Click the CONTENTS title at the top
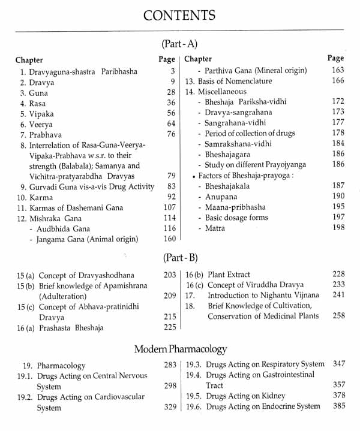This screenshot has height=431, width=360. click(x=179, y=14)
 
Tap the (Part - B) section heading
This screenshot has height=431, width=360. click(x=179, y=258)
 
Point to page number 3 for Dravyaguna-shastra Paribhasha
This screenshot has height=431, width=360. click(x=172, y=71)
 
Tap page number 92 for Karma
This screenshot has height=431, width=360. click(x=171, y=197)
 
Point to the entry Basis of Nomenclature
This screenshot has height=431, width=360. click(x=229, y=81)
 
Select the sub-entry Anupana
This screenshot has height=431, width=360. click(x=221, y=196)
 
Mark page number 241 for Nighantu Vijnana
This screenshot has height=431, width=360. click(x=338, y=295)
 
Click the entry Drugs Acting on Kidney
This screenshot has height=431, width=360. click(x=245, y=396)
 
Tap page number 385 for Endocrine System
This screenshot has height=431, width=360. click(x=338, y=406)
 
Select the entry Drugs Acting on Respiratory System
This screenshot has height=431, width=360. click(x=265, y=364)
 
